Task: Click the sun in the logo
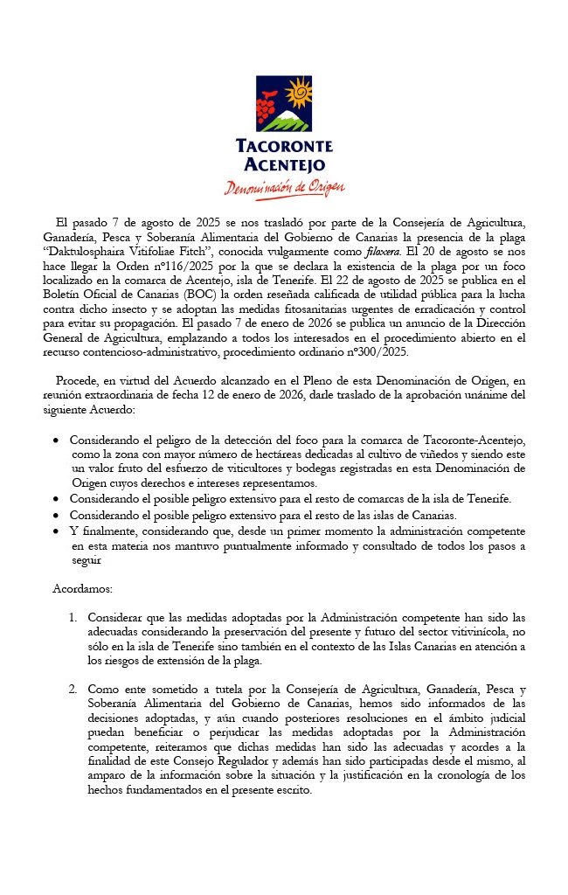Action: [x=298, y=91]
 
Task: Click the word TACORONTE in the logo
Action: [x=284, y=146]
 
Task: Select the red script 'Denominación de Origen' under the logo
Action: [x=284, y=187]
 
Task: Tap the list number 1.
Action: [x=73, y=617]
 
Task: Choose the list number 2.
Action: [x=73, y=690]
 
